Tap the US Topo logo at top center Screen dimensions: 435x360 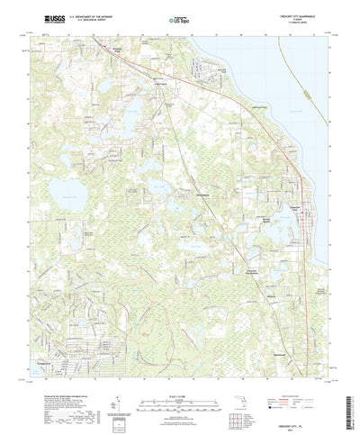click(180, 18)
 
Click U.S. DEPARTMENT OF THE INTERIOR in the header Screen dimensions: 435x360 click(85, 15)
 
